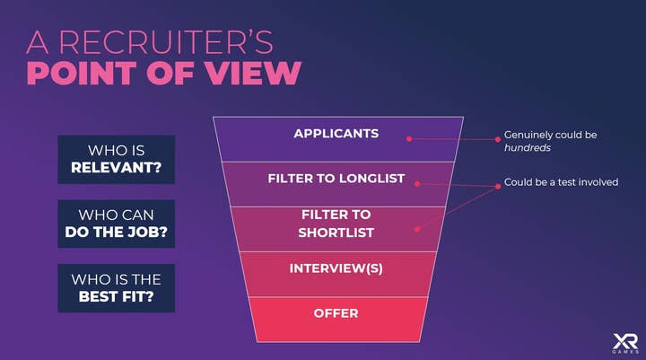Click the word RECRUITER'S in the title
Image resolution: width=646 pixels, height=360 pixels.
point(166,41)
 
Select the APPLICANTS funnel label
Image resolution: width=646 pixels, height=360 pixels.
point(336,134)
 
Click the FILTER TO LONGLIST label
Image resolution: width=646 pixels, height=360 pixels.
point(336,179)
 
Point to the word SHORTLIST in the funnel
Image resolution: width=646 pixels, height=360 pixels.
point(336,233)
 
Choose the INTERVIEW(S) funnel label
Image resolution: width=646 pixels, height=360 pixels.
point(336,268)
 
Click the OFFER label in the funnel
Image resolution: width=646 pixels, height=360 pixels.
point(336,313)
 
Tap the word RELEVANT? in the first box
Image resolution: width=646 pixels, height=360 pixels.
point(116,167)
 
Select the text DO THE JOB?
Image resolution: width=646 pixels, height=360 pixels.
point(116,232)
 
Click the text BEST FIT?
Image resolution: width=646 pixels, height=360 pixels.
point(116,296)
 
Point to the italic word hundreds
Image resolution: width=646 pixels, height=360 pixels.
point(528,147)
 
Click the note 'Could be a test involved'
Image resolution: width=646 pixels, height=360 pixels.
point(561,182)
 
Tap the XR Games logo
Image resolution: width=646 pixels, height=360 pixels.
point(625,343)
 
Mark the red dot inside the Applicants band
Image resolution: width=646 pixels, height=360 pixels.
point(409,139)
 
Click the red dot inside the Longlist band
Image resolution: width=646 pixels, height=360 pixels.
point(417,184)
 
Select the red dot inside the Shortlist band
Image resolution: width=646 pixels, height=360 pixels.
point(417,229)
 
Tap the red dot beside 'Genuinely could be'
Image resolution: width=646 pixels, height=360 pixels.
point(498,139)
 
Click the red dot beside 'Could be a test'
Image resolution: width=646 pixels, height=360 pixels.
point(498,187)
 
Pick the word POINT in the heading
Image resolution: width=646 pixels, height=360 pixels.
point(82,73)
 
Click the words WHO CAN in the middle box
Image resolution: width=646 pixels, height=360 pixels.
point(116,215)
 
